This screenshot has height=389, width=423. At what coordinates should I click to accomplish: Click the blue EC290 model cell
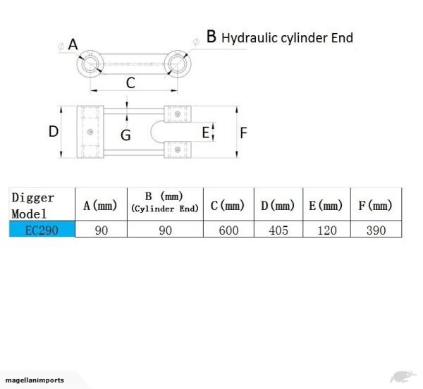tap(42, 230)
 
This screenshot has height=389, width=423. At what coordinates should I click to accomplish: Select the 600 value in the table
tap(228, 231)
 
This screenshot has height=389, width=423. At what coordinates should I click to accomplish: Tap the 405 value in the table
tap(278, 231)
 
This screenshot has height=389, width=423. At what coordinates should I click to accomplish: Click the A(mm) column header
tap(100, 206)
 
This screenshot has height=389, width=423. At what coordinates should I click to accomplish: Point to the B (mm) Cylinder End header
tap(165, 202)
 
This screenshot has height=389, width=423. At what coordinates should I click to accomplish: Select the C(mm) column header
tap(228, 206)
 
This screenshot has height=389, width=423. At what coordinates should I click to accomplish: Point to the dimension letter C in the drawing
tap(130, 83)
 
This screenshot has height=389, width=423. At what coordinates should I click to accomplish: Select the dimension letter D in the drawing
tap(53, 131)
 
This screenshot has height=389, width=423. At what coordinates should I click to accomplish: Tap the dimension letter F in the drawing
tap(244, 132)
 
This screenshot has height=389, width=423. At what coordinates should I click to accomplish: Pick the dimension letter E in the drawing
tap(206, 132)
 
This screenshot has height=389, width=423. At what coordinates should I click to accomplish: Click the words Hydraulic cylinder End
tap(288, 37)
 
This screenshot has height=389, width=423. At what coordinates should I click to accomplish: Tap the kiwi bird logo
tap(400, 377)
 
